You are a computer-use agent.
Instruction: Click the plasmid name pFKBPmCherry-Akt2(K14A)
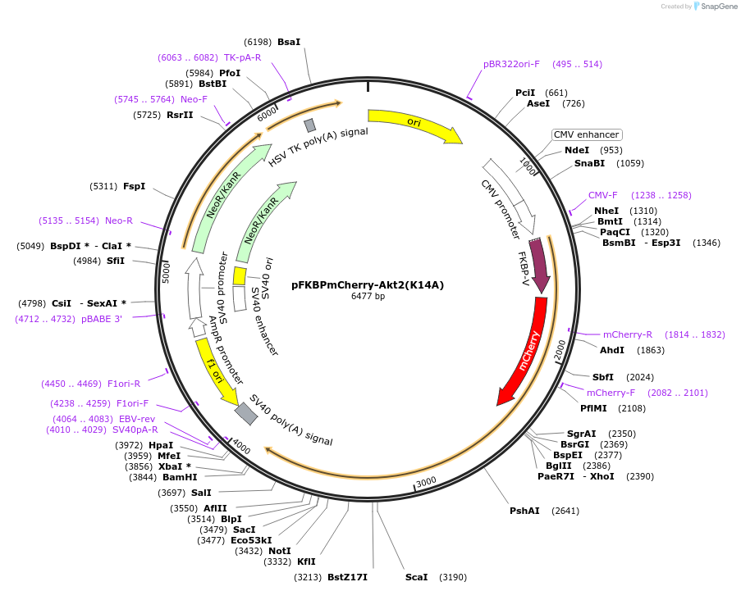368,285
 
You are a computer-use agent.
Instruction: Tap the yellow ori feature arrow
414,124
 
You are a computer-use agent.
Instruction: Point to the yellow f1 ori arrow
215,371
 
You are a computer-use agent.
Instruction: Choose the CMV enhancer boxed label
587,134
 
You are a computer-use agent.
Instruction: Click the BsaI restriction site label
289,42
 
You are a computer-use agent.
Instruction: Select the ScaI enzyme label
416,577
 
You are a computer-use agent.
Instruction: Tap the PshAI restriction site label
524,511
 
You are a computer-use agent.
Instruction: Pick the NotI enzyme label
280,551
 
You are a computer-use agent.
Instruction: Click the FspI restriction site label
134,186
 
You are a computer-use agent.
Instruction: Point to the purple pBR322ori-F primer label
511,64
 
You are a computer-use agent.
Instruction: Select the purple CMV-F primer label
602,195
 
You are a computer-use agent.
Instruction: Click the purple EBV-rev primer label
136,419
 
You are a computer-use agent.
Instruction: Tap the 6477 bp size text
368,297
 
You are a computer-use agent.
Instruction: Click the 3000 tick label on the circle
426,482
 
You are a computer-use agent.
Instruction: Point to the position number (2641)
565,511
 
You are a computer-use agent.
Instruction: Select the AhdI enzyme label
612,350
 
